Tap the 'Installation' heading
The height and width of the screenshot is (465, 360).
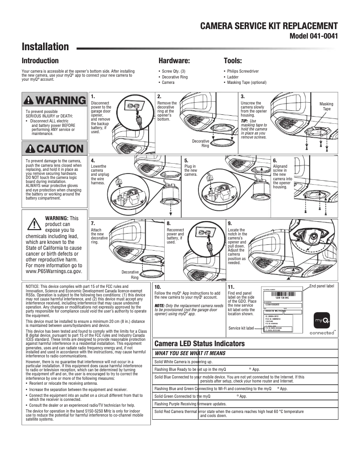point(45,47)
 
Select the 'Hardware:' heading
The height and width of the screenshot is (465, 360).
point(174,61)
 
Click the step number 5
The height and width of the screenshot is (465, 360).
point(186,160)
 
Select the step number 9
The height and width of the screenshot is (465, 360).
point(230,223)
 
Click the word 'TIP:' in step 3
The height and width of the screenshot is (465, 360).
point(245,121)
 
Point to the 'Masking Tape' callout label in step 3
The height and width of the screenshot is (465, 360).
point(326,106)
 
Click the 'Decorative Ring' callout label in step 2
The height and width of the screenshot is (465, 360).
point(201,143)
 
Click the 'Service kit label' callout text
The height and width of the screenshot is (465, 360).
point(241,328)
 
